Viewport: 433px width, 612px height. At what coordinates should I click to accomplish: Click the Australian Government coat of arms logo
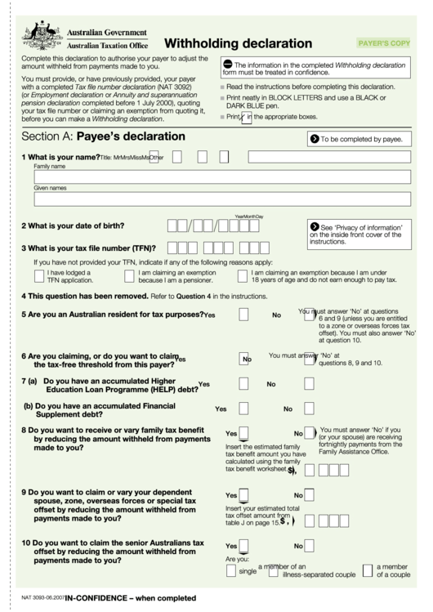pyautogui.click(x=40, y=36)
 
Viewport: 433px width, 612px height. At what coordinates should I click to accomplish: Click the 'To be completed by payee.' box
pyautogui.click(x=355, y=139)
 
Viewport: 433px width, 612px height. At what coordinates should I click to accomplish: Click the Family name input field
pyautogui.click(x=221, y=176)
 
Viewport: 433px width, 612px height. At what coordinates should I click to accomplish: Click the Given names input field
pyautogui.click(x=221, y=199)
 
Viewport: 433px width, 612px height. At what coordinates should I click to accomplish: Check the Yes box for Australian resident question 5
pyautogui.click(x=243, y=315)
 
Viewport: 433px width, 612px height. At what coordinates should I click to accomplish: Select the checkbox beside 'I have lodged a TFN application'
pyautogui.click(x=38, y=276)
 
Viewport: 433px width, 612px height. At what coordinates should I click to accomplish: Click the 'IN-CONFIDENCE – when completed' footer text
pyautogui.click(x=131, y=598)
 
